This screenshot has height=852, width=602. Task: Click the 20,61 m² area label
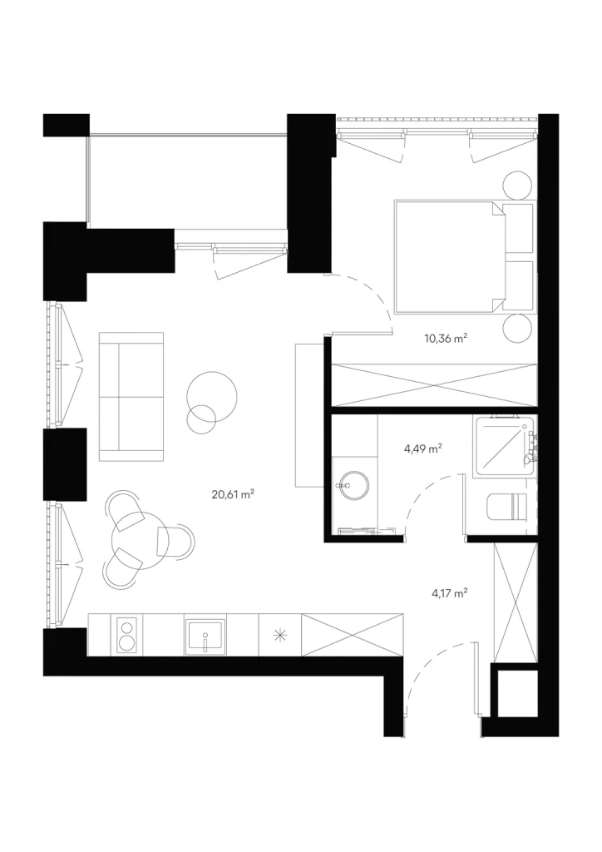[x=233, y=494]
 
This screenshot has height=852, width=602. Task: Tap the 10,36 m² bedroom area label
[x=446, y=339]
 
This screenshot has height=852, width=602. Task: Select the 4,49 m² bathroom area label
[x=422, y=448]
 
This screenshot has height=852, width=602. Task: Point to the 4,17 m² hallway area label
[x=450, y=592]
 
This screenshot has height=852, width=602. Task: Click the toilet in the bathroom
[x=506, y=507]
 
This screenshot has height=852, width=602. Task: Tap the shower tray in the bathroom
[x=505, y=447]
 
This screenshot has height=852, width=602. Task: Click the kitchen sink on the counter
[x=205, y=635]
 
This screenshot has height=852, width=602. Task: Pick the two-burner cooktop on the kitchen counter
[x=127, y=635]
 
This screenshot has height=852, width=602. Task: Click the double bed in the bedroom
[x=464, y=256]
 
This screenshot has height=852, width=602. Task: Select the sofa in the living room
[x=131, y=397]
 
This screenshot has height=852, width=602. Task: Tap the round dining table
[x=134, y=540]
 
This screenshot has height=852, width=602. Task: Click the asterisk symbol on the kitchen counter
[x=280, y=635]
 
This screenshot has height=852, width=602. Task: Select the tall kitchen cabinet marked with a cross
[x=353, y=635]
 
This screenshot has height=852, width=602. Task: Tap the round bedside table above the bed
[x=517, y=186]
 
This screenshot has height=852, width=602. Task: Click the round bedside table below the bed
[x=517, y=328]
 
